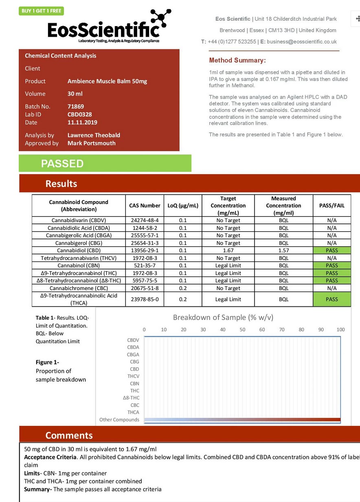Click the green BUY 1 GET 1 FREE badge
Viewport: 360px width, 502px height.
pyautogui.click(x=41, y=11)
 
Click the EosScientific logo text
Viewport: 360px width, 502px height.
pyautogui.click(x=103, y=30)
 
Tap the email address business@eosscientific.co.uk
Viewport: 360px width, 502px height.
pyautogui.click(x=302, y=42)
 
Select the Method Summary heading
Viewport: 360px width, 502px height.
pyautogui.click(x=237, y=60)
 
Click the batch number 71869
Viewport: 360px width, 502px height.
pyautogui.click(x=76, y=107)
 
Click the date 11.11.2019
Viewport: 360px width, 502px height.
pyautogui.click(x=82, y=122)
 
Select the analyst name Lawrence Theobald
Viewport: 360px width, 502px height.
pyautogui.click(x=94, y=135)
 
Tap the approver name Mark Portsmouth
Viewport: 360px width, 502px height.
pyautogui.click(x=91, y=143)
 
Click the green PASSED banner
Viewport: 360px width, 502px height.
pyautogui.click(x=105, y=163)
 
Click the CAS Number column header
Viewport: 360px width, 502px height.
pyautogui.click(x=145, y=206)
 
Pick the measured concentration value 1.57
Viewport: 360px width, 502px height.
pyautogui.click(x=283, y=250)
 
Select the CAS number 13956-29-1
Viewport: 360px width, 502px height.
pyautogui.click(x=145, y=250)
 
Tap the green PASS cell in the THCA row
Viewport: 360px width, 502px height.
pyautogui.click(x=331, y=299)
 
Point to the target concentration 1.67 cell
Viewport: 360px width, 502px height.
pyautogui.click(x=228, y=250)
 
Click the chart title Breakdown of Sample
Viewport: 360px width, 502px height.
pyautogui.click(x=223, y=318)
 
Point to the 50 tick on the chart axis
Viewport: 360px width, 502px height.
pyautogui.click(x=242, y=329)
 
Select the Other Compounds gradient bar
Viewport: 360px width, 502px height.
pyautogui.click(x=242, y=420)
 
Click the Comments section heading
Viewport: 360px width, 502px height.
pyautogui.click(x=69, y=435)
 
